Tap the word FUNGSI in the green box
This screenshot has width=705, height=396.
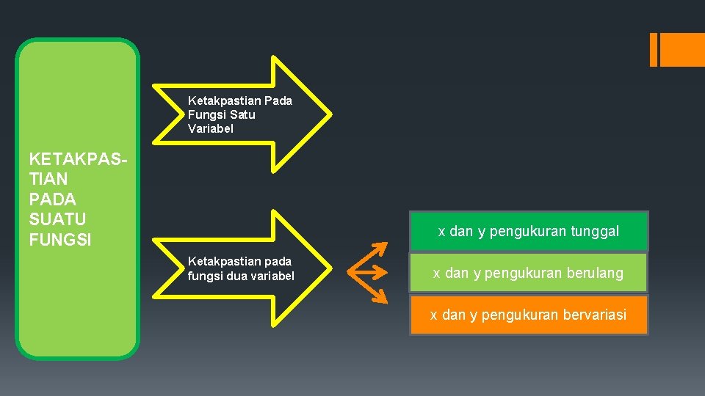point(59,240)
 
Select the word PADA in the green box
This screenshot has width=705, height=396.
point(51,199)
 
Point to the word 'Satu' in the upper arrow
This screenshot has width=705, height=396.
point(242,115)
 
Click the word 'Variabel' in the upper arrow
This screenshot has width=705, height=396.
point(211,128)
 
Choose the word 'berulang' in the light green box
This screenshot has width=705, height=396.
point(596,274)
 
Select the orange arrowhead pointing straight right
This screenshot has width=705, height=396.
point(383,273)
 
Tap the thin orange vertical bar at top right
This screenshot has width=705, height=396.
point(654,50)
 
